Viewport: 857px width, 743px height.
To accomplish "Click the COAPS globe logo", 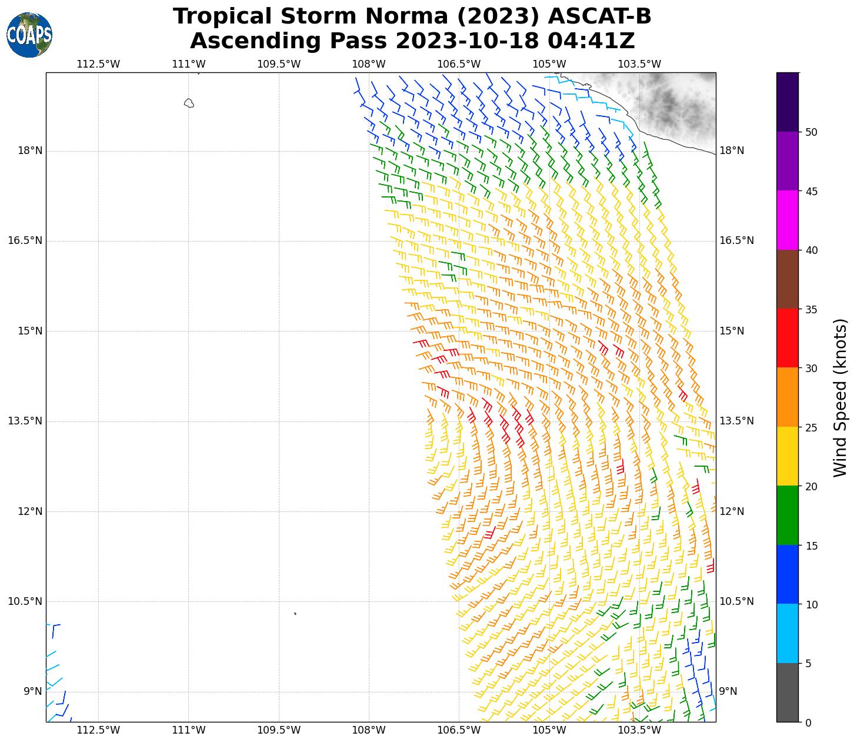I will click(29, 35).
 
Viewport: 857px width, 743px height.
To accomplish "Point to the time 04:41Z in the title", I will click(591, 41).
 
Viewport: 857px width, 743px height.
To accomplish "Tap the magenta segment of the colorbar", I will click(788, 220).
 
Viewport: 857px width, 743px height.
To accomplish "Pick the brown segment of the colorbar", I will click(788, 279).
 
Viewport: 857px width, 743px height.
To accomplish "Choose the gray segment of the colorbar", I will click(788, 692).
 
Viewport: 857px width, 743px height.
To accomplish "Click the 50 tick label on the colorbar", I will click(811, 132).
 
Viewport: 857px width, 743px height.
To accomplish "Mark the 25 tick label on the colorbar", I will click(811, 427).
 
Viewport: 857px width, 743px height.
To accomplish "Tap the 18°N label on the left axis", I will click(30, 151).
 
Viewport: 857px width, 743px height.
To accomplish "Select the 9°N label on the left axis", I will click(32, 692).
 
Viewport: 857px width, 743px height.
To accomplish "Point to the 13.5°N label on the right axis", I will click(736, 421).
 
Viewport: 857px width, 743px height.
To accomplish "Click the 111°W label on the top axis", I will click(188, 64).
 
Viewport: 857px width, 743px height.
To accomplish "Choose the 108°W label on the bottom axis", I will click(369, 731).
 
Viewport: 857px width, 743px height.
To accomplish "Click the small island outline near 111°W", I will click(189, 103).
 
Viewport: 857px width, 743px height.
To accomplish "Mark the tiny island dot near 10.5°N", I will click(295, 614).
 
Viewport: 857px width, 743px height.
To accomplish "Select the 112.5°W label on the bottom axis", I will click(98, 731).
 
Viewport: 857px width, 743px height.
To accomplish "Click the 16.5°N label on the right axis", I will click(736, 241).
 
